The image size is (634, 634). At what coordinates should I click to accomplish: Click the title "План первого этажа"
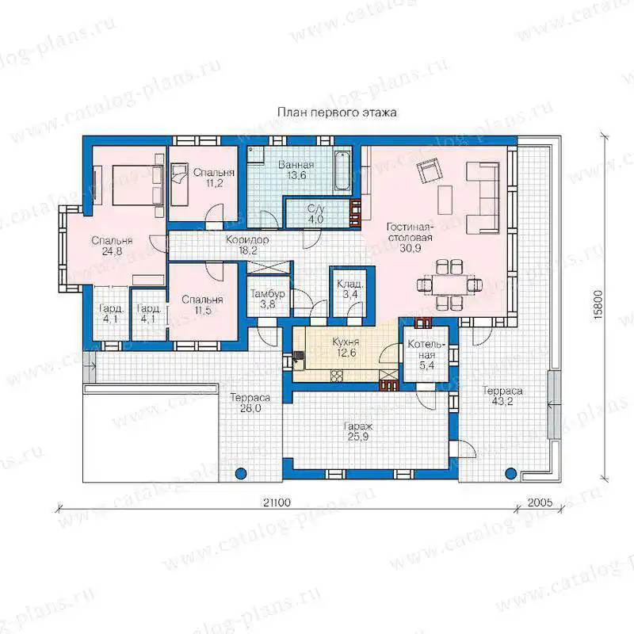pos(337,113)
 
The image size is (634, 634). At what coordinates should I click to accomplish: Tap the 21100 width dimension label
pos(277,502)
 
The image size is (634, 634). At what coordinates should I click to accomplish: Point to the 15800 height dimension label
pos(598,305)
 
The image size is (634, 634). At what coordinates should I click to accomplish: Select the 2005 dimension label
pos(540,502)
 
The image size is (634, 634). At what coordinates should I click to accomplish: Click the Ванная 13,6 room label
pos(296,170)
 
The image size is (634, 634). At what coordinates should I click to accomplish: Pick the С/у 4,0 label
pos(315,214)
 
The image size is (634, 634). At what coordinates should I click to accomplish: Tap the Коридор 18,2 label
pos(247,245)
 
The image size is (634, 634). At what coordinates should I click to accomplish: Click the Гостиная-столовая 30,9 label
pos(410,237)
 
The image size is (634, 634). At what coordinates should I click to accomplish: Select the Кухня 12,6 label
pos(346,347)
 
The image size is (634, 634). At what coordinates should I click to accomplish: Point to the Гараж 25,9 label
pos(358,431)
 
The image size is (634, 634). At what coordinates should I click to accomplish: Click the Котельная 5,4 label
pos(426,355)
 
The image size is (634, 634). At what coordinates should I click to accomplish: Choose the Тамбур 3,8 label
pos(268,299)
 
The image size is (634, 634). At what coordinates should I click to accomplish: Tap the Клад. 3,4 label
pos(350,289)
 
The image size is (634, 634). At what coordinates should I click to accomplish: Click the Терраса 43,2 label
pos(502,395)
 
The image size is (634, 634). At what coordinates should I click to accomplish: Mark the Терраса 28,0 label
pos(250,403)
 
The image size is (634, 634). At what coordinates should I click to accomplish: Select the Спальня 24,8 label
pos(112,246)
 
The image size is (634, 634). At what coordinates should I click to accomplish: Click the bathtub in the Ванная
pos(342,170)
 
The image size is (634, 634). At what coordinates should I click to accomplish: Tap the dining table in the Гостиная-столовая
pos(449,285)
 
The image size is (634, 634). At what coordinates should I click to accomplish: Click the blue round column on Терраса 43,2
pos(510,472)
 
